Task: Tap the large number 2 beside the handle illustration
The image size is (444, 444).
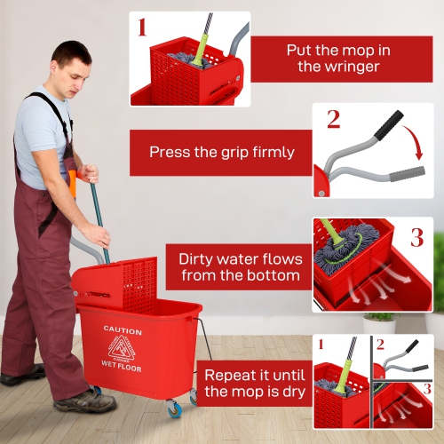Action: [x=333, y=118]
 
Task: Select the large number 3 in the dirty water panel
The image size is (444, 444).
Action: [x=416, y=237]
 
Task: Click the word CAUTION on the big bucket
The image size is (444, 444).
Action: [x=122, y=330]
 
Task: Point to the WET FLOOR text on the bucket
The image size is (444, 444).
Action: [x=121, y=364]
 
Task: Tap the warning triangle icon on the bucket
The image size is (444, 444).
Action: [x=122, y=347]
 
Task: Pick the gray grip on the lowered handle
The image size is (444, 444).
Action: [x=406, y=173]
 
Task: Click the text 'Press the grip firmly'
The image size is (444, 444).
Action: [x=221, y=152]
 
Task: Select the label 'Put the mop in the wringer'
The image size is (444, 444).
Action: [x=341, y=58]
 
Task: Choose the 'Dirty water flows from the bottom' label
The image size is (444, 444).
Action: [x=240, y=267]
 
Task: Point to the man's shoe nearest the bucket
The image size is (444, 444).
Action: [x=84, y=401]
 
